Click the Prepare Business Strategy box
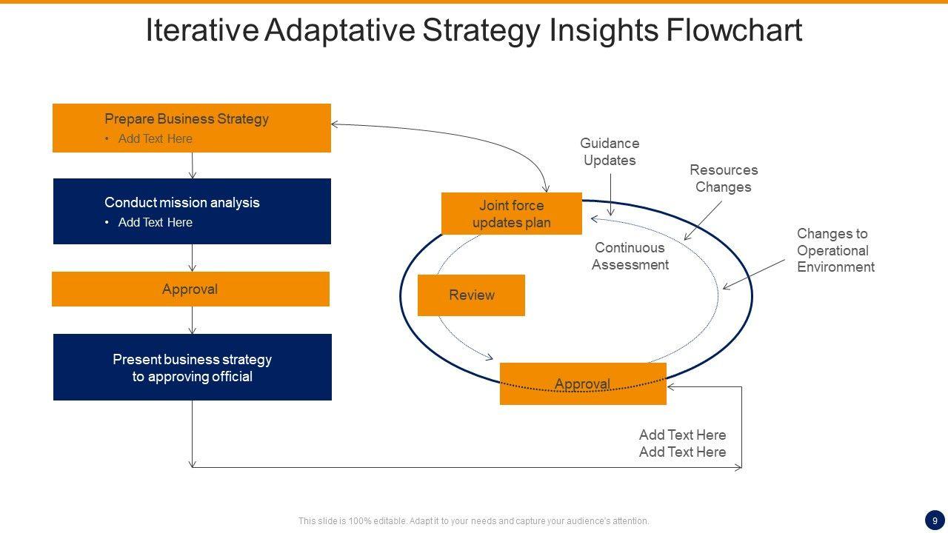pyautogui.click(x=191, y=127)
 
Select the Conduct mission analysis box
pyautogui.click(x=191, y=211)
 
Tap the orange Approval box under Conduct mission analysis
pyautogui.click(x=190, y=289)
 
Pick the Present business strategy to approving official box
pyautogui.click(x=192, y=367)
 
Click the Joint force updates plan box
pyautogui.click(x=511, y=214)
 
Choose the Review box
pyautogui.click(x=471, y=295)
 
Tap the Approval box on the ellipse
pyautogui.click(x=583, y=383)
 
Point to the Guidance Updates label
pyautogui.click(x=610, y=152)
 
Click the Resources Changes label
pyautogui.click(x=724, y=178)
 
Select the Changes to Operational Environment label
pyautogui.click(x=835, y=250)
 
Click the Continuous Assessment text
pyautogui.click(x=630, y=256)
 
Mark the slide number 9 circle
pyautogui.click(x=935, y=520)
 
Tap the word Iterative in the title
pyautogui.click(x=201, y=30)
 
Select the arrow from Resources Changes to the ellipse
pyautogui.click(x=703, y=221)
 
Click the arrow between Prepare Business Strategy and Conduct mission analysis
pyautogui.click(x=193, y=166)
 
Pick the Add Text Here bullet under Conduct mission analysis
pyautogui.click(x=155, y=222)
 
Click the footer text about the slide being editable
pyautogui.click(x=473, y=521)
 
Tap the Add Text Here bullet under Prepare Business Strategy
pyautogui.click(x=155, y=138)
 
